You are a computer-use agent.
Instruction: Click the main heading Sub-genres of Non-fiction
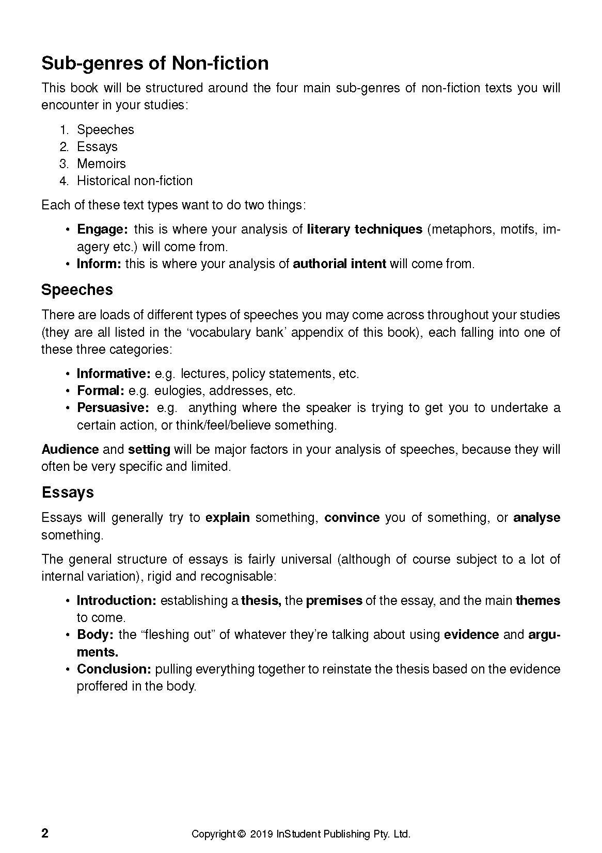coord(155,63)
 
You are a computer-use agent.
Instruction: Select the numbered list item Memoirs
coord(101,163)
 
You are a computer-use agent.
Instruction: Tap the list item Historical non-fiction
coord(134,181)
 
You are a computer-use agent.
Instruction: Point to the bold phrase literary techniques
coord(365,229)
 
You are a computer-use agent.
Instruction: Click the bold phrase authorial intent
coord(339,264)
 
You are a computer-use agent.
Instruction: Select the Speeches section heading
coord(77,290)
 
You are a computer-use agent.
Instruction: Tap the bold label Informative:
coord(113,373)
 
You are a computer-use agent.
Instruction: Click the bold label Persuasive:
coord(113,407)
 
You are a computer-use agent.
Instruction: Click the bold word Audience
coord(70,449)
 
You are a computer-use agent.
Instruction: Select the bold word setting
coord(149,449)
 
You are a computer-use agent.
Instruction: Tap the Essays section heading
coord(68,493)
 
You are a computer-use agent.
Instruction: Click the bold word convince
coord(352,517)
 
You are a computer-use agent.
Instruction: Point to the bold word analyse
coord(536,517)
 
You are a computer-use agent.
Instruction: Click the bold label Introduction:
coord(116,600)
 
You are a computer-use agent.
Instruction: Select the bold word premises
coord(334,600)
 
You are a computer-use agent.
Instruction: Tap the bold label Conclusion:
coord(114,669)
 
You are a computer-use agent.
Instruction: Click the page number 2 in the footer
coord(45,833)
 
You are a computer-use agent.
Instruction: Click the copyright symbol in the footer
coord(241,834)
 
